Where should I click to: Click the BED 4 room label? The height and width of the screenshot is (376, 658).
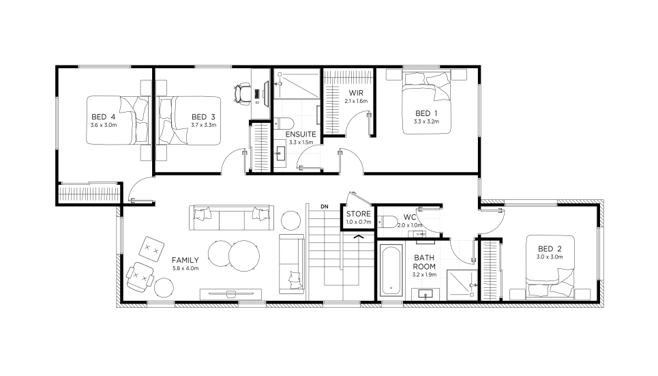[103, 117]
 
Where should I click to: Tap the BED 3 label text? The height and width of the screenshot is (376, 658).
[203, 117]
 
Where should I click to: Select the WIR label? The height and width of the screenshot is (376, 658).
[356, 93]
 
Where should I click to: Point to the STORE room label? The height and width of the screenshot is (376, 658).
[359, 214]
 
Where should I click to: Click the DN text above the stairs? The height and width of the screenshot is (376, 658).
[325, 207]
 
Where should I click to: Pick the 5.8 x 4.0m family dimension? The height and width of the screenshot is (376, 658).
[185, 268]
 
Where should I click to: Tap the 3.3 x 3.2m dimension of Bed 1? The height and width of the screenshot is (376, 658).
[426, 121]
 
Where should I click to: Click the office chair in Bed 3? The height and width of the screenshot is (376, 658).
[242, 93]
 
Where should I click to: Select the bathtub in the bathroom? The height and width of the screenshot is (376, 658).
[391, 270]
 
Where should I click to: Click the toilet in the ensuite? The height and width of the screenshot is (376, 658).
[284, 123]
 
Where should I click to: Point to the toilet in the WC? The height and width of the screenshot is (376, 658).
[387, 221]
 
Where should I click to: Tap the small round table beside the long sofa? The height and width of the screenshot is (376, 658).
[290, 220]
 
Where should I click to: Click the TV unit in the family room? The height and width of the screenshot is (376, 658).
[230, 293]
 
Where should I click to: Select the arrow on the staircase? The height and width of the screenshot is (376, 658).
[359, 237]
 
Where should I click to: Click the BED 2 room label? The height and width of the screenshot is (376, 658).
[550, 248]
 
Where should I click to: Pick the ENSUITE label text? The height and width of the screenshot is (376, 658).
[301, 134]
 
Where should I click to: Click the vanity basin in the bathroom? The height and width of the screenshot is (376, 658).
[425, 294]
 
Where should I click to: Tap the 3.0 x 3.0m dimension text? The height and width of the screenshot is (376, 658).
[550, 257]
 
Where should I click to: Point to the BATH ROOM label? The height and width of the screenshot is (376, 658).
[424, 262]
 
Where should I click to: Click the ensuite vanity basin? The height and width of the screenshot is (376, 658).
[281, 154]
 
